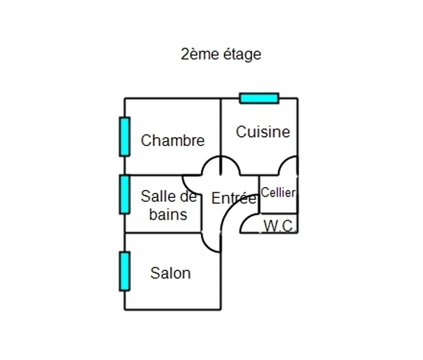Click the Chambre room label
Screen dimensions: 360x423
pyautogui.click(x=173, y=140)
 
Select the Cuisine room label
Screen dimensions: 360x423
pyautogui.click(x=262, y=132)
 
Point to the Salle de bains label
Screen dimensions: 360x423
pyautogui.click(x=168, y=205)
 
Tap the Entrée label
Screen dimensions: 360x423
pyautogui.click(x=234, y=199)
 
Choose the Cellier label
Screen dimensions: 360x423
pyautogui.click(x=278, y=192)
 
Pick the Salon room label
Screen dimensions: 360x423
pyautogui.click(x=170, y=274)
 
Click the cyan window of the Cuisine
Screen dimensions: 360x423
pyautogui.click(x=259, y=98)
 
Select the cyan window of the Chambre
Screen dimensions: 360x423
pyautogui.click(x=125, y=136)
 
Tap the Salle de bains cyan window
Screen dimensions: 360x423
pyautogui.click(x=125, y=194)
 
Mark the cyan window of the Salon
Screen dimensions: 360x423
pyautogui.click(x=125, y=271)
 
